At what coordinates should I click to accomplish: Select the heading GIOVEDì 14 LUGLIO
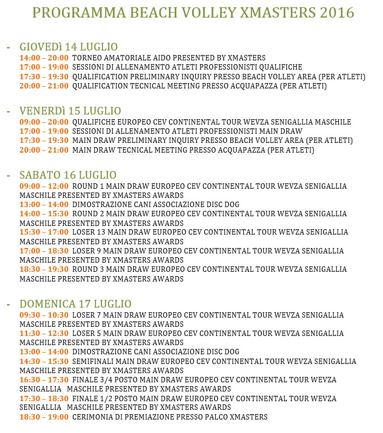69,46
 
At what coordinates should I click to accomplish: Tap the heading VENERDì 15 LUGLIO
70,111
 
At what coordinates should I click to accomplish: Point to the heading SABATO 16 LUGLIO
67,175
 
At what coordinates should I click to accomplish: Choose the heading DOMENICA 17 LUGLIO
76,304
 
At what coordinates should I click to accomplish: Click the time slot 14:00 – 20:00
44,58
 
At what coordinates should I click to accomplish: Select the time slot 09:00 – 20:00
44,122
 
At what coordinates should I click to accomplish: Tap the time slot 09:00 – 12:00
44,186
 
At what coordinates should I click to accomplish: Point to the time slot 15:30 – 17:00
44,232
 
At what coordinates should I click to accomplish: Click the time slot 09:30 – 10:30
44,315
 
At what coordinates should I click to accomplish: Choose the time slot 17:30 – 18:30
44,398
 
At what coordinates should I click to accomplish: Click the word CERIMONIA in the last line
93,417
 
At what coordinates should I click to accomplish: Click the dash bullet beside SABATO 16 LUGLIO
8,176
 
